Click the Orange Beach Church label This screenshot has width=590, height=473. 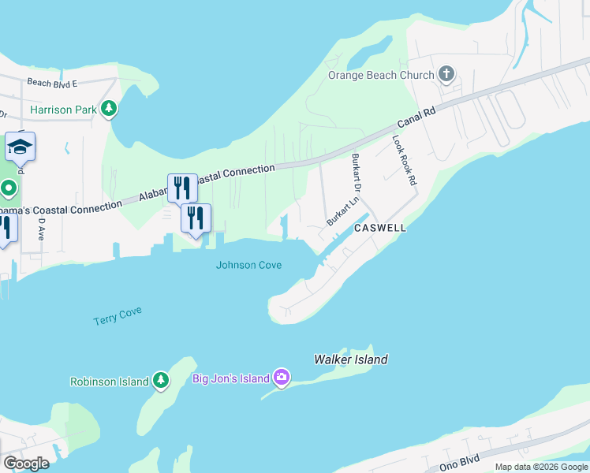(x=381, y=76)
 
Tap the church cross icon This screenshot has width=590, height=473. (x=446, y=75)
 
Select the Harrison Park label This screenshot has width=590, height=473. (x=62, y=110)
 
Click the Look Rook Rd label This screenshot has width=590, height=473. (x=404, y=160)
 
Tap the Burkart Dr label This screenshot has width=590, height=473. (x=356, y=173)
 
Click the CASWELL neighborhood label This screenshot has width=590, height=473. (x=380, y=228)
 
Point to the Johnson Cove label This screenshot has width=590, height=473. (x=248, y=265)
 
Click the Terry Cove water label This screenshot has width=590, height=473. (x=118, y=316)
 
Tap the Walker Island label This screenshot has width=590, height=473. (x=351, y=359)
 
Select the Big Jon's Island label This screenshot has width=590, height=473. (x=232, y=378)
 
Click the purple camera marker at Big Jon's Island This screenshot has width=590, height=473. (x=282, y=378)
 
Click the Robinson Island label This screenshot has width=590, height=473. (x=109, y=382)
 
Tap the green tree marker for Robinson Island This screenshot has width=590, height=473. (x=161, y=382)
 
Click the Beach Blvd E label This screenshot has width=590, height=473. (x=51, y=83)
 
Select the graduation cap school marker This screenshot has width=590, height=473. (x=20, y=146)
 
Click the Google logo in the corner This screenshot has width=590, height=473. (x=26, y=463)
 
